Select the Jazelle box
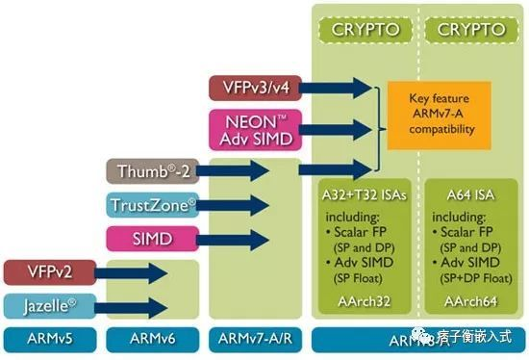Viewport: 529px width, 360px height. point(48,305)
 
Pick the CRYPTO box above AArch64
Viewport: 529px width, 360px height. point(471,30)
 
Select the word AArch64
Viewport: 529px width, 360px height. point(471,301)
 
